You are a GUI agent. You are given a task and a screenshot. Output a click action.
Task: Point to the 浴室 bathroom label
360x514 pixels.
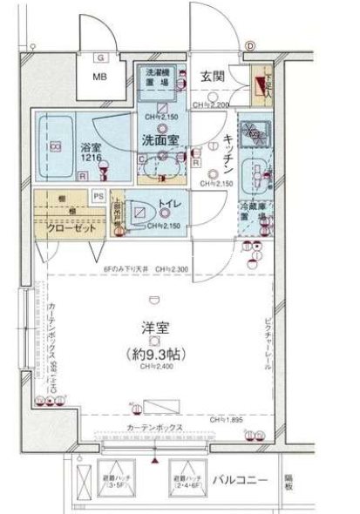pyautogui.click(x=92, y=148)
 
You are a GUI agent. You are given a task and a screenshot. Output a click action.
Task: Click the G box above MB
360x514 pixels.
pyautogui.click(x=101, y=57)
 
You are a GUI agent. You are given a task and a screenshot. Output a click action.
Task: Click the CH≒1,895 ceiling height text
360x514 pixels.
pyautogui.click(x=224, y=420)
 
